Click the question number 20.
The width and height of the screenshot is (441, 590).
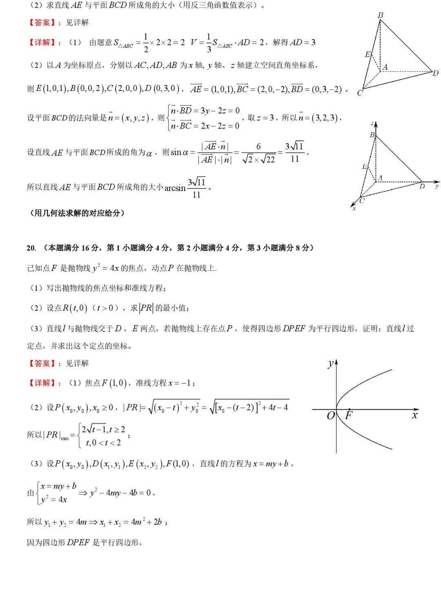31,248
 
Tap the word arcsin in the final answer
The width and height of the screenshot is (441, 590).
175,188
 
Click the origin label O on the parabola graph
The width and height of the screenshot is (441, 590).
331,415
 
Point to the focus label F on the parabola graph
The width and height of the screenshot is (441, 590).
349,415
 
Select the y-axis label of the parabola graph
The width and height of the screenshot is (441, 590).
331,364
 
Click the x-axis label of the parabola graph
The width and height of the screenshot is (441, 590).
415,415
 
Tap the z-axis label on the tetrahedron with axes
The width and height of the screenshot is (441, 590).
372,123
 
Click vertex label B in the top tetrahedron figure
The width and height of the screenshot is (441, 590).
381,15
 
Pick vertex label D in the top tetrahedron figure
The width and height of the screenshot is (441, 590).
435,73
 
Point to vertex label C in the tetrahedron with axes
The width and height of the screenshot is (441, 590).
362,200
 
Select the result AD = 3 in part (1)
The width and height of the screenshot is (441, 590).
303,42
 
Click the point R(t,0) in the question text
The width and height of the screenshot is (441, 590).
75,308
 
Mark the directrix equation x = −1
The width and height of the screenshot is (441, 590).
180,383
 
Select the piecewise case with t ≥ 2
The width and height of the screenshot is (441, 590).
104,430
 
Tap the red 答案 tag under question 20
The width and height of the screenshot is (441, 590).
42,363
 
